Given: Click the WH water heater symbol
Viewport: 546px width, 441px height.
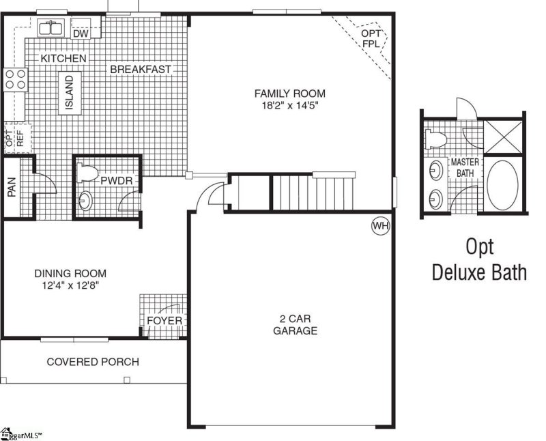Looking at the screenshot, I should pos(379,226).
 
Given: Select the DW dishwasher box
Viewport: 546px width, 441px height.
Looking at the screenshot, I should pos(81,31).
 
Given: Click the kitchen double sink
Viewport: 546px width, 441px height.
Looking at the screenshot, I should pos(51,29).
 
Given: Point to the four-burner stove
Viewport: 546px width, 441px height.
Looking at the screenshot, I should pos(15,80).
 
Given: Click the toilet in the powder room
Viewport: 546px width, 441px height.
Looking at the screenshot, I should pos(85,174).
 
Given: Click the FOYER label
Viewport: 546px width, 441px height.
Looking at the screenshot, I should pos(164,321).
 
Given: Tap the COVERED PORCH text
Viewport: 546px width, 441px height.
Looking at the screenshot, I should pos(92,362).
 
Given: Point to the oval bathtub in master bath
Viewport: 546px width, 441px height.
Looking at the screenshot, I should pos(502,186).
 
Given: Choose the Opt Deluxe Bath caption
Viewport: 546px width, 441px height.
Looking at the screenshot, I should pos(479,259).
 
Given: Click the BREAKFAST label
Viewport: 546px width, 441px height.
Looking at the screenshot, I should pos(141,70).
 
